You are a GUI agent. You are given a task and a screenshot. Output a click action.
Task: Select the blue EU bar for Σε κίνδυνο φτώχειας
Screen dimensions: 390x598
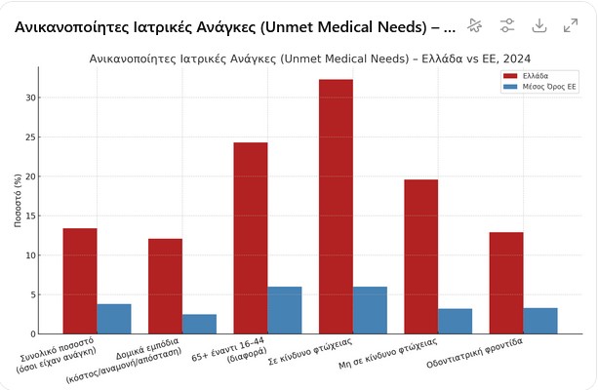[x=370, y=310]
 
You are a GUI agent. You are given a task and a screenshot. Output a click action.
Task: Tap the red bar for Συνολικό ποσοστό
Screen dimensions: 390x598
[x=80, y=281]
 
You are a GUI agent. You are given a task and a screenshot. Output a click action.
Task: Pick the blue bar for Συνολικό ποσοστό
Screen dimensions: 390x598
[x=114, y=319]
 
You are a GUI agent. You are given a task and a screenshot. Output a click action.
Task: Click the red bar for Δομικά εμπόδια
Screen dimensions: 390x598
[x=165, y=286]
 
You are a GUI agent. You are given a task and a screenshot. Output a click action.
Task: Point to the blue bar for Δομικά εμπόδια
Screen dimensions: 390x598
[x=199, y=324]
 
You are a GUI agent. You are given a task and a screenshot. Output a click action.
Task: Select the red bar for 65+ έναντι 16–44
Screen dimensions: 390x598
[x=251, y=238]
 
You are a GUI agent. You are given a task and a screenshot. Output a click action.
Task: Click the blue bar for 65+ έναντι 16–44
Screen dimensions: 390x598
[x=285, y=310]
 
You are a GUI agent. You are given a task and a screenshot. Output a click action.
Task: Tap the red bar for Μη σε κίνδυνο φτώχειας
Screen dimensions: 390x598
[x=421, y=256]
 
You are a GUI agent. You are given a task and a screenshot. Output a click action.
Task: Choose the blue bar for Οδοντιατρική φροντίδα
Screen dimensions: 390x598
[x=540, y=321]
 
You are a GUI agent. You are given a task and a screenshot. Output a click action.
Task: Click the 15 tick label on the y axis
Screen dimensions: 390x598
[x=31, y=215]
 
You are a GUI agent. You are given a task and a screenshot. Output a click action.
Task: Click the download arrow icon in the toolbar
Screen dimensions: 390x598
[x=539, y=25]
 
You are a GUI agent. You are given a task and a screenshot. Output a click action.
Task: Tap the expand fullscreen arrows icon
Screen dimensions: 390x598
[x=572, y=25]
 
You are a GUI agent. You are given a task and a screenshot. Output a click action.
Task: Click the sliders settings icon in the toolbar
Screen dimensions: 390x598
[x=507, y=25]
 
